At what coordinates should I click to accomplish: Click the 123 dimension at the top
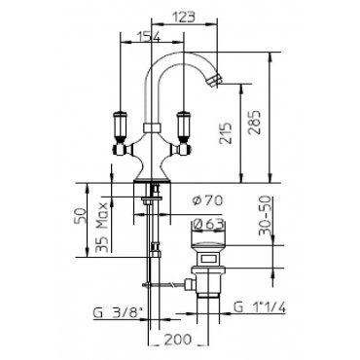tap(183, 17)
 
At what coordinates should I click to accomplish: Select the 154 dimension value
tap(149, 37)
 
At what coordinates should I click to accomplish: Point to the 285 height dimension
tap(254, 123)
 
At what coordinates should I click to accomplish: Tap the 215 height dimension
tap(226, 133)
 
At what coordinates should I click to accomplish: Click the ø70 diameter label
tap(208, 200)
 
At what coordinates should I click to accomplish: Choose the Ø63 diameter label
tap(208, 224)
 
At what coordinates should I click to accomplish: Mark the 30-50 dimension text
tap(265, 215)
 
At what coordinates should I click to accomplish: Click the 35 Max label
tap(102, 228)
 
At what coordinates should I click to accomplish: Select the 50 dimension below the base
tap(81, 216)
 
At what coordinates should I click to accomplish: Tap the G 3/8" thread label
tap(119, 313)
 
